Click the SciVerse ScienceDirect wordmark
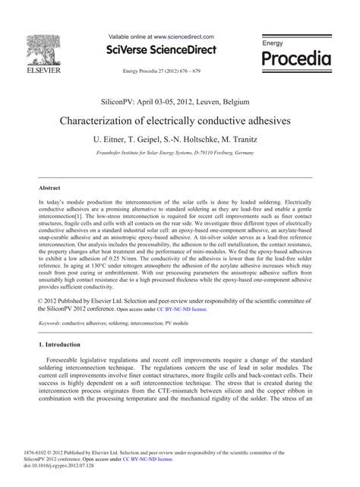163,50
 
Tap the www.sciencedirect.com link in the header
184,36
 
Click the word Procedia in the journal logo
296,59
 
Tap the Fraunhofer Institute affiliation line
179,153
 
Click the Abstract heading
49,188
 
